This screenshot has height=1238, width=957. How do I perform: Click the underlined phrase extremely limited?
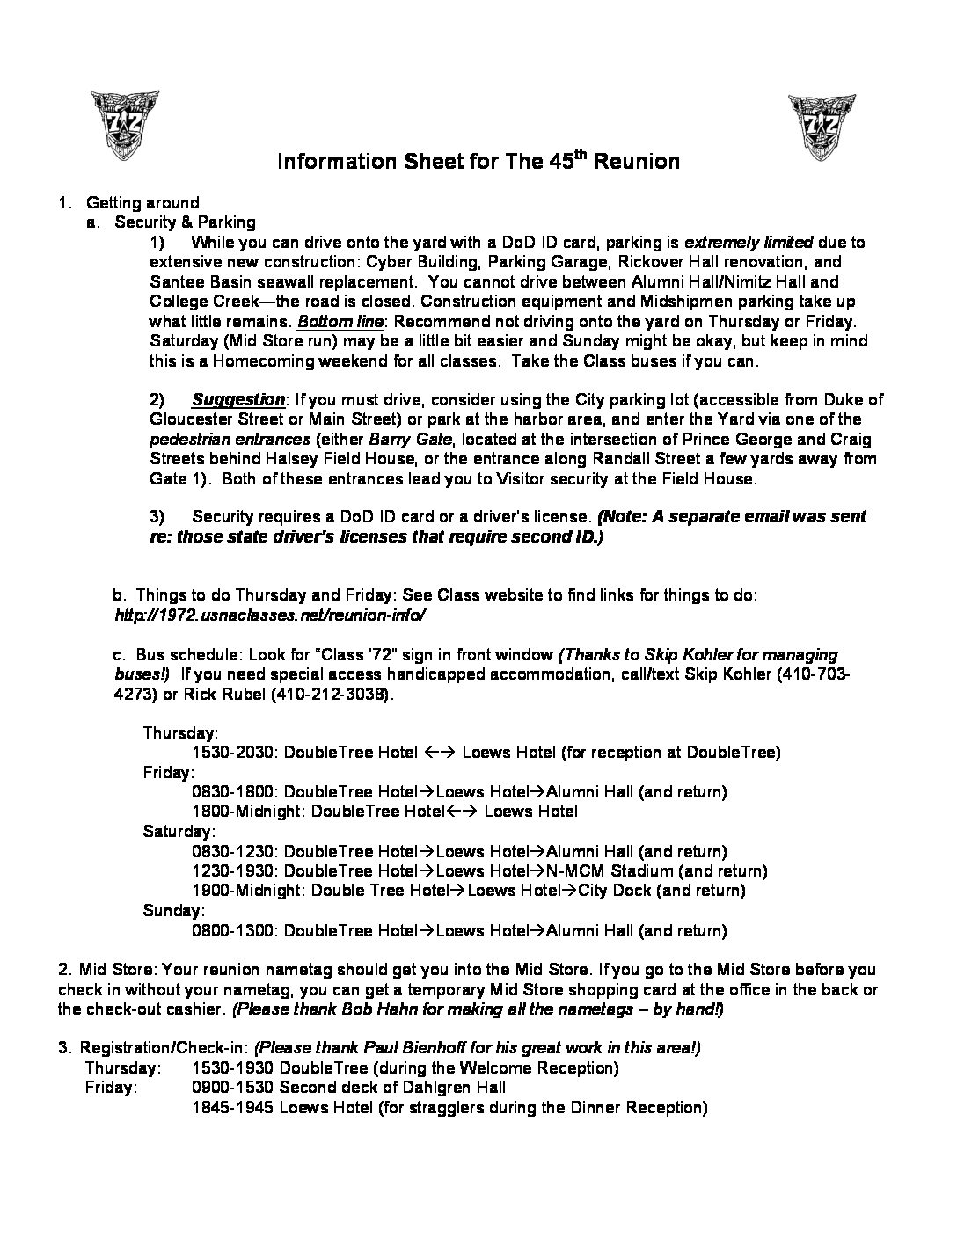(748, 243)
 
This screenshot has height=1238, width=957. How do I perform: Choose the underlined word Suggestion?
(238, 400)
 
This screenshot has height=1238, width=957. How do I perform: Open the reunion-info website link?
(270, 615)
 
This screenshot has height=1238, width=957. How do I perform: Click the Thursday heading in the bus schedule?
(180, 732)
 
